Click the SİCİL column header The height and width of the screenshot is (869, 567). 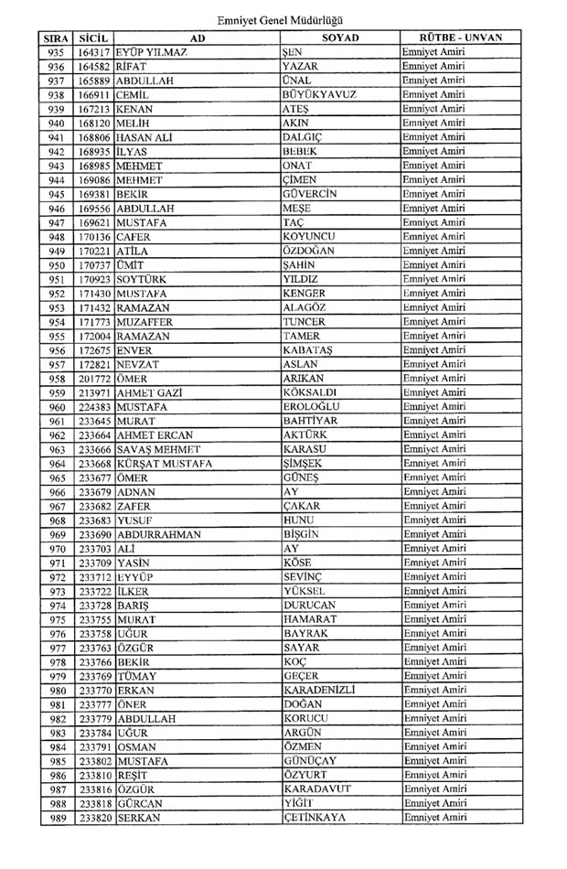[x=94, y=38]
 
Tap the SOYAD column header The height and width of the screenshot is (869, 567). [x=340, y=38]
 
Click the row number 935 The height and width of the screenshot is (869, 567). [x=56, y=52]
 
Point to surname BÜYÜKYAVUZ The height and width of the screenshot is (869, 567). [x=319, y=94]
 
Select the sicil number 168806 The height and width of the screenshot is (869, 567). [x=94, y=137]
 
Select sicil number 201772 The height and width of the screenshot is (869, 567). [x=94, y=379]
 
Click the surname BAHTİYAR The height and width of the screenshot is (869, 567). [x=312, y=421]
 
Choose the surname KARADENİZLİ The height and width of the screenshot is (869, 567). [x=319, y=690]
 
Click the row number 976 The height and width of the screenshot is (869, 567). [x=56, y=633]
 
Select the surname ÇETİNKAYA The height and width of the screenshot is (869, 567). [x=315, y=817]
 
